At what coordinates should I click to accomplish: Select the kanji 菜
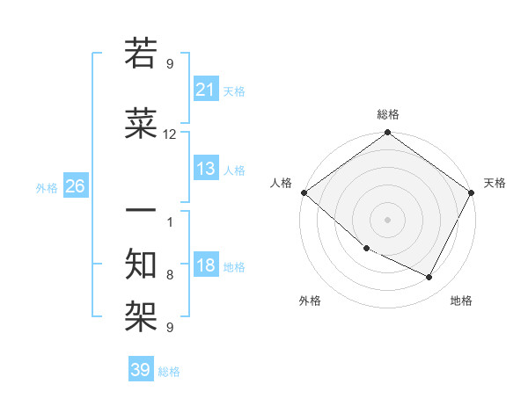[141, 125]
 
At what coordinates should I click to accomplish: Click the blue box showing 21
[206, 90]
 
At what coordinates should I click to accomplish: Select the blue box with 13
[206, 169]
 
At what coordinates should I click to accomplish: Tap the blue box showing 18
[206, 266]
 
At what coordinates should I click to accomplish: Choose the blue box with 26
[75, 186]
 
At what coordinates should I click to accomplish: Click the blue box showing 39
[141, 370]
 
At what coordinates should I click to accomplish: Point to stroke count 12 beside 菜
[170, 134]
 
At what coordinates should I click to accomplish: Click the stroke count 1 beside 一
[170, 221]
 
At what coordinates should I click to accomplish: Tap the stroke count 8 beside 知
[170, 275]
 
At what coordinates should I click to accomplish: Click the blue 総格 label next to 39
[169, 372]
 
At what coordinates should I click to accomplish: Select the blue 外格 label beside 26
[47, 188]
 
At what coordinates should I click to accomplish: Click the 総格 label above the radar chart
[388, 114]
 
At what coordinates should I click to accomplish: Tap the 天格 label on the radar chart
[495, 183]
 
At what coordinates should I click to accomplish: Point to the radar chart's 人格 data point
[304, 192]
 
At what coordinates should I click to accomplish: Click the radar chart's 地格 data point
[429, 278]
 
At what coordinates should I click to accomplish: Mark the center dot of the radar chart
[388, 220]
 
